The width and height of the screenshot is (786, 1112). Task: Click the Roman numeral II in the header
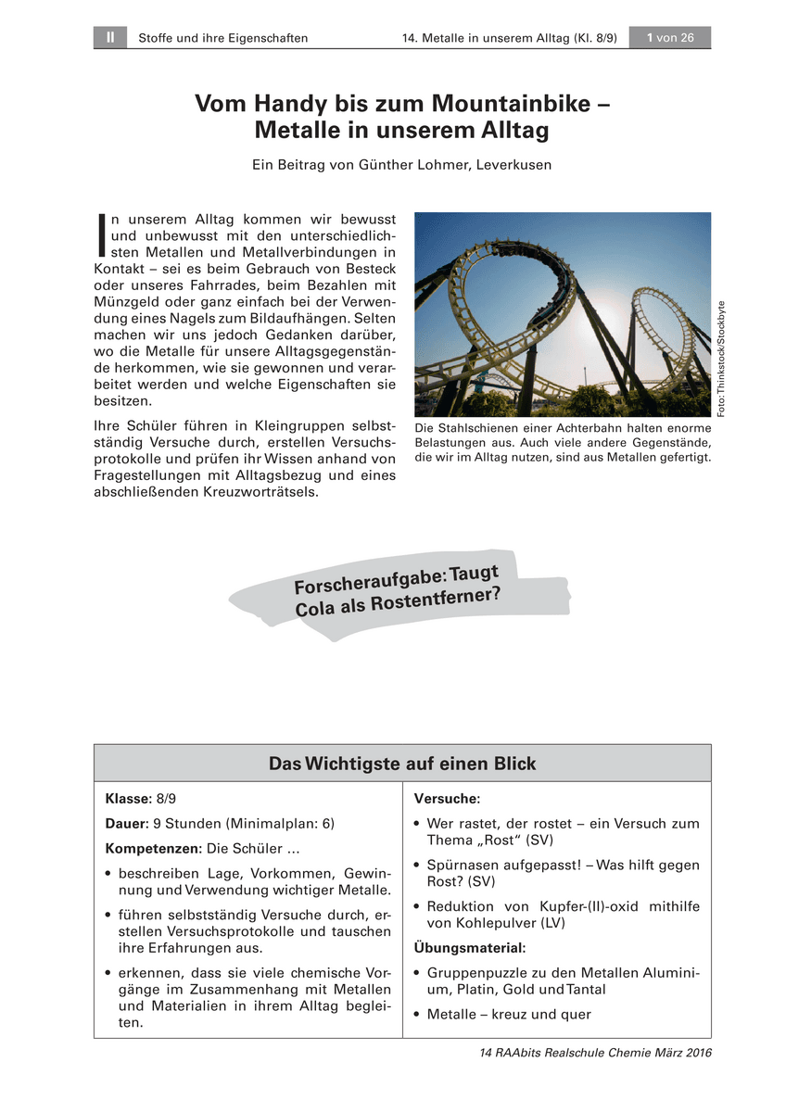[x=109, y=38]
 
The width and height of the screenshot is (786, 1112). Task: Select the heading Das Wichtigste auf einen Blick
[x=402, y=764]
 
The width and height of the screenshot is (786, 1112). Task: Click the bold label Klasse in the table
[x=127, y=798]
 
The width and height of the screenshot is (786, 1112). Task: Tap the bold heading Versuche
[x=447, y=798]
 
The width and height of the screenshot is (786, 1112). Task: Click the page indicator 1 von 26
[x=670, y=38]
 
